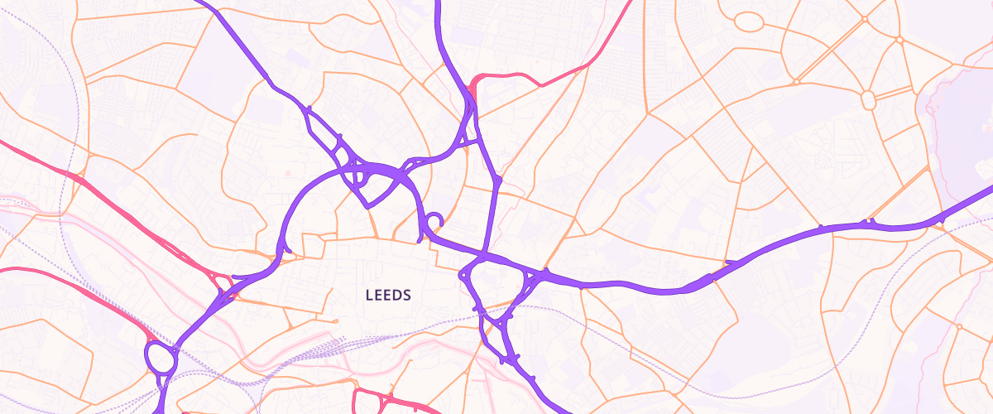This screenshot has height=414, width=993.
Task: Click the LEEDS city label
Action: (x=388, y=295)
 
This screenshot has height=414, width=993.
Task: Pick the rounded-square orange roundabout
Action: (x=868, y=100)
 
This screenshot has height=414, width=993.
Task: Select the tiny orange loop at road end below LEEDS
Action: (x=336, y=321)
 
